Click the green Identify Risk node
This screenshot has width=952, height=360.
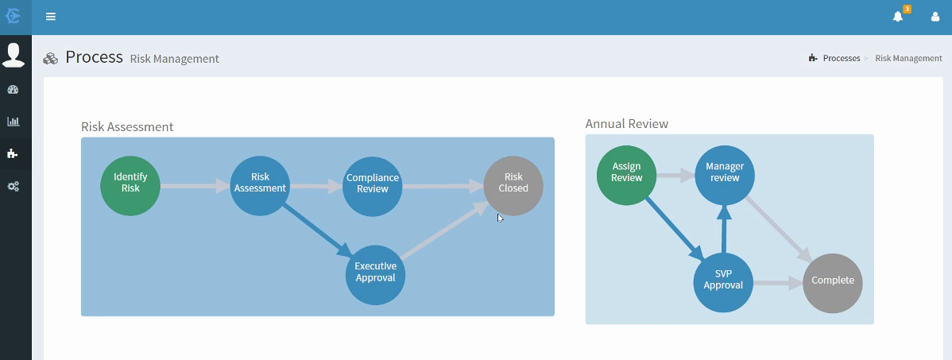coord(130,185)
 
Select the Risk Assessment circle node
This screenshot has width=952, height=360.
coord(260,185)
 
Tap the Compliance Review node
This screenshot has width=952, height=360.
coord(372,186)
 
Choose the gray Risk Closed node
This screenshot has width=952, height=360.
coord(513,185)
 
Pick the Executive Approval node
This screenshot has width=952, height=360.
coord(375,275)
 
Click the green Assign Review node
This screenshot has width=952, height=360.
coord(626,175)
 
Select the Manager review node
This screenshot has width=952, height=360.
coord(725,175)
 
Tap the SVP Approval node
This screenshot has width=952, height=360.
coord(723,283)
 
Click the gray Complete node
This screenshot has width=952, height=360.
coord(832,283)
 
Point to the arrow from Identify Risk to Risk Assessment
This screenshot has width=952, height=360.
coord(195,185)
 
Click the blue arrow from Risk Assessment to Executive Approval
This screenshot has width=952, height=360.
coord(317,230)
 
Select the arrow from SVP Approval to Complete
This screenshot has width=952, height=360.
coord(778,282)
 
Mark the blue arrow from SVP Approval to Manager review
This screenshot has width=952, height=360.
coord(724,229)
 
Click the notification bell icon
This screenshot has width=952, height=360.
coord(898,17)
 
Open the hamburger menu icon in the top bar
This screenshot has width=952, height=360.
coord(51,17)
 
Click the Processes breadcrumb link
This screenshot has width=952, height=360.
coord(842,58)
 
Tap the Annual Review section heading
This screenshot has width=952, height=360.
coord(626,124)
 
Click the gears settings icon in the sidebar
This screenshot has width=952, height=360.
coord(13,187)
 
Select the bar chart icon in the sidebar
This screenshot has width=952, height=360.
coord(13,122)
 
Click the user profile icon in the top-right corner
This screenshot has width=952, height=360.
coord(935,17)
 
